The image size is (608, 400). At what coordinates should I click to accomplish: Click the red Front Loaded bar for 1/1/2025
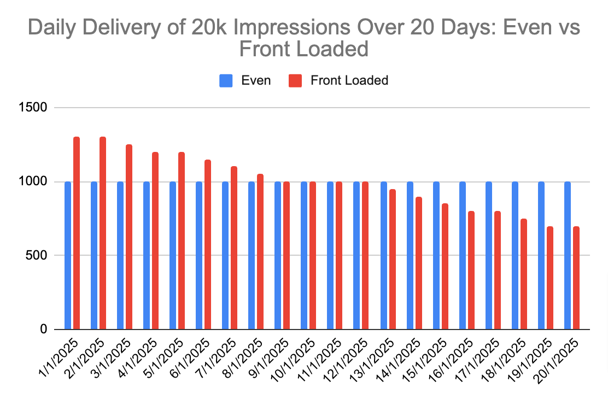point(77,233)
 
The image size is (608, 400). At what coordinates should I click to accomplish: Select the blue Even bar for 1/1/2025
point(68,255)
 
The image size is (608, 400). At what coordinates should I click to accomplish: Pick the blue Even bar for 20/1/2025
point(568,255)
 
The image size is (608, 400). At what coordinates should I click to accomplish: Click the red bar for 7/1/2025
point(234,248)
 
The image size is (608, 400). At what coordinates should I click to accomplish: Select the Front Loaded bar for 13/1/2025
point(392,259)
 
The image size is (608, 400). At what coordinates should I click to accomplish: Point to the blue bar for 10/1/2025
point(304,255)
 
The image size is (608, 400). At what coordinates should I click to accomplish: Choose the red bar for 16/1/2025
point(471,270)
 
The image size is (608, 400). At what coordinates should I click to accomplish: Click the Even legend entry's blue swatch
point(226,81)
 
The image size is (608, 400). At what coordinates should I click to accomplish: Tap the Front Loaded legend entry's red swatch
point(295,81)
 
